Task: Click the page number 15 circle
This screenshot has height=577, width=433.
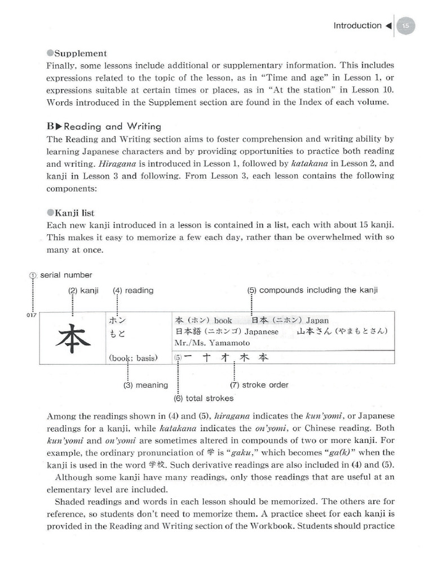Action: click(406, 26)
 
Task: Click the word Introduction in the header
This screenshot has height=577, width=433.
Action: click(357, 26)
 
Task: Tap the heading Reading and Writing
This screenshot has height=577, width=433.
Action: click(104, 126)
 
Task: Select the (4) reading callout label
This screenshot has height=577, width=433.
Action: click(132, 291)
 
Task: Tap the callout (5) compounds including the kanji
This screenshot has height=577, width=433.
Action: click(312, 291)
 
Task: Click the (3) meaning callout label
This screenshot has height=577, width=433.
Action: click(145, 385)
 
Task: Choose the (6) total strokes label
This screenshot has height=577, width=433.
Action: click(196, 398)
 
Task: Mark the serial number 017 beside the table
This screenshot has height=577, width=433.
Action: click(32, 315)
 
